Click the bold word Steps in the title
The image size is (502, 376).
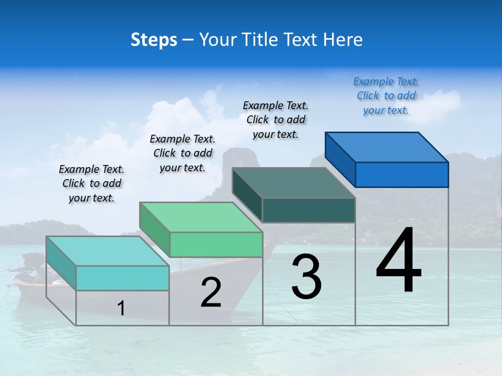coord(154,40)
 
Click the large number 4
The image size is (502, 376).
coord(398,261)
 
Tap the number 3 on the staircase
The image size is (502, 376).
coord(306,277)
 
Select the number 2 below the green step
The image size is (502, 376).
coord(211,292)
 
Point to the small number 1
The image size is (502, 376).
coord(121,308)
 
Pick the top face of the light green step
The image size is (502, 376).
coord(201,217)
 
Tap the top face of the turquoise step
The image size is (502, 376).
coord(108,251)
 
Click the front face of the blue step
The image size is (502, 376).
coord(402,174)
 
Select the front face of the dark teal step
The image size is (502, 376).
coord(309,210)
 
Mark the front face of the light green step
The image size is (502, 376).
coord(216,244)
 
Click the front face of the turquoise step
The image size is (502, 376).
coord(122,278)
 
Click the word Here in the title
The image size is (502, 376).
coord(343,40)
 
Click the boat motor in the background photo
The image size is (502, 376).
coord(32,261)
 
